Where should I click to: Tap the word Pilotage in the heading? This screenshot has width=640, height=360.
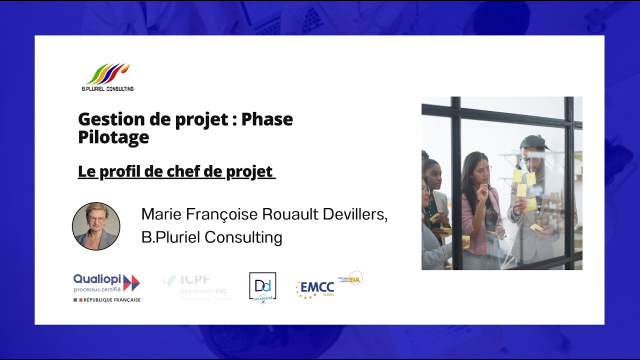coord(113,137)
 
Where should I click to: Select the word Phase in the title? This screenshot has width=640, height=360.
coord(267,119)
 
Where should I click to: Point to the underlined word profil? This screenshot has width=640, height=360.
coord(122,172)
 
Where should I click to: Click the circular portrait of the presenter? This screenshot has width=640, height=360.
coord(96,226)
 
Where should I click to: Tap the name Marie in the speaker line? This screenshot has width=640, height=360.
coord(161,214)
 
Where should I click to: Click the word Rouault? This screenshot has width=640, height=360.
coord(290,214)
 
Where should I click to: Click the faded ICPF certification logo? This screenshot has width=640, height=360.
coord(196,287)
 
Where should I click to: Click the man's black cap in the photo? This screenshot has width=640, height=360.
coord(533,142)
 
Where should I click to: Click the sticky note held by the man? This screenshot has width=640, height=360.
coord(530,204)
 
